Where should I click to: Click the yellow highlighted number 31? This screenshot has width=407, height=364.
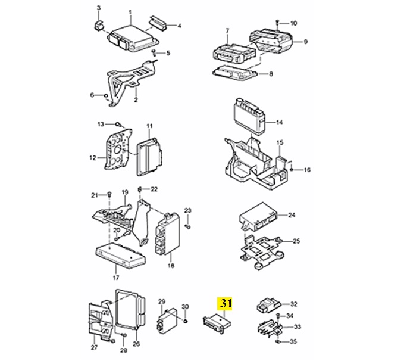(x=226, y=303)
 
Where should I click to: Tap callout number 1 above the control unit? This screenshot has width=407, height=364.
(x=130, y=12)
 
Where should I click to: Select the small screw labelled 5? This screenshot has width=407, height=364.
(x=155, y=52)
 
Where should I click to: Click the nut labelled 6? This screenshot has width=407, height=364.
(x=106, y=95)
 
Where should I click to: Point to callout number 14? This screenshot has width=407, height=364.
(x=279, y=122)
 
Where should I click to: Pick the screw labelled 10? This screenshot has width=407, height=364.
(x=277, y=23)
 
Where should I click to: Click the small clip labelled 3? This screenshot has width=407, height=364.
(x=98, y=25)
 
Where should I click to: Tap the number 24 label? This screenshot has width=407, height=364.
(x=292, y=215)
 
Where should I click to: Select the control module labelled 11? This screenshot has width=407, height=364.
(x=149, y=157)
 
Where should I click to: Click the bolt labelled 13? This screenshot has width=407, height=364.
(x=118, y=125)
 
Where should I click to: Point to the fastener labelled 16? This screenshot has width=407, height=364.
(x=292, y=169)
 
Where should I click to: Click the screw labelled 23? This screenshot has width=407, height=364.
(x=188, y=227)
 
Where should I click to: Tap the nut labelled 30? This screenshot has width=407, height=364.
(x=186, y=321)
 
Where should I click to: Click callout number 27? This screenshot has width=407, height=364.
(x=94, y=347)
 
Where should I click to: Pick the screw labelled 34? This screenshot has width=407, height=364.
(x=278, y=316)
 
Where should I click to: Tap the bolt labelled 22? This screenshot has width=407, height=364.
(x=140, y=189)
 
